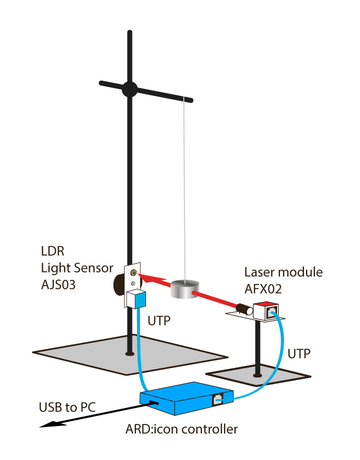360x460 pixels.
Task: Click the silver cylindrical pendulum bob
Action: point(184,290)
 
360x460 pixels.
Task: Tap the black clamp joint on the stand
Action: point(129,88)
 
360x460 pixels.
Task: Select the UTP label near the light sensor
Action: point(159,318)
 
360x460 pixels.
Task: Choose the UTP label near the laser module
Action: point(298,353)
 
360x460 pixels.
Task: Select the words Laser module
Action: point(283,272)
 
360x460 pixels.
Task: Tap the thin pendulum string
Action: point(186,190)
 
